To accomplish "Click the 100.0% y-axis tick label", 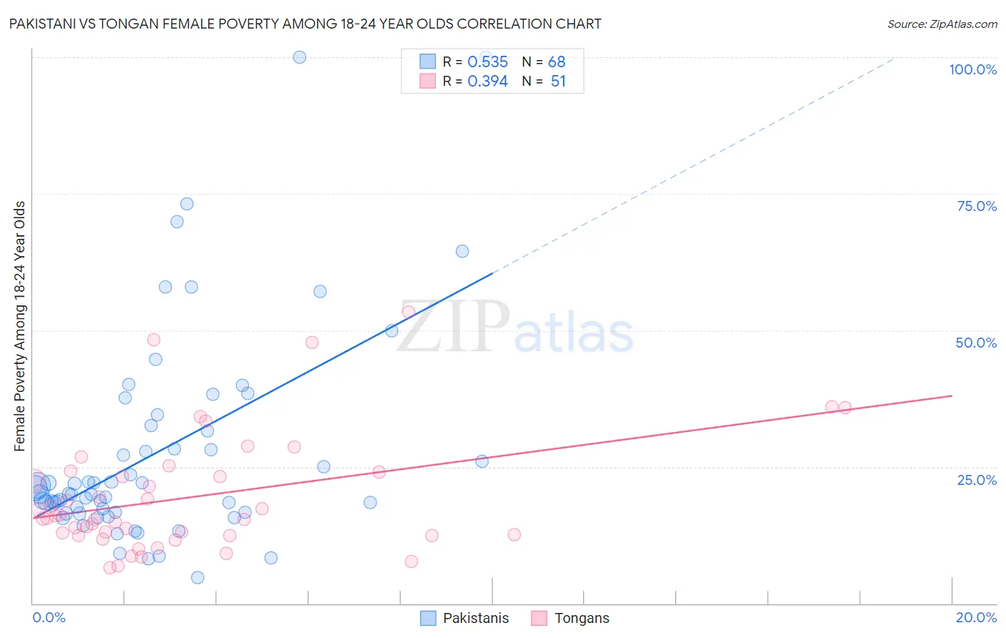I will pos(972,69).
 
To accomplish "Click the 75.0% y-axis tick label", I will pos(977,206).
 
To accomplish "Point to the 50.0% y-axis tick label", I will pos(976,343).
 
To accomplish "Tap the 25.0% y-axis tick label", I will pos(977,480).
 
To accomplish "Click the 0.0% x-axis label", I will pos(49,617).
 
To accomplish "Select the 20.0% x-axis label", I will pos(976,617).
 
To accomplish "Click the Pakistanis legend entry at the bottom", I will pos(475,618).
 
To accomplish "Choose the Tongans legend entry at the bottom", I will pos(581,618).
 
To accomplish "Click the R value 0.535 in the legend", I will pos(487,62).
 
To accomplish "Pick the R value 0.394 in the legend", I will pos(487,82).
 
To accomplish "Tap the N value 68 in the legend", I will pos(557,62).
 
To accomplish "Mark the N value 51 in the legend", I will pos(558,82).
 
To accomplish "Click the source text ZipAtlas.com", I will pos(942,24).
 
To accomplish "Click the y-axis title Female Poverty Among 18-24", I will pos(20,326).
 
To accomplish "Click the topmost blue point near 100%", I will pos(300,57).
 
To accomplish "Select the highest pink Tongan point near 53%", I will pos(409,312).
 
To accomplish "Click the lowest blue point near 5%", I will pos(197,577).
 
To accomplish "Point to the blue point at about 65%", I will pos(462,251).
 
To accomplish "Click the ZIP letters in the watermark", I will pos(453,327).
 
